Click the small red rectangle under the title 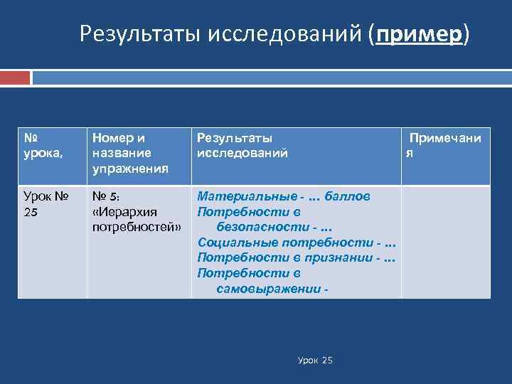click(x=15, y=78)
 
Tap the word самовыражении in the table click(x=267, y=288)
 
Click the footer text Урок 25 click(x=315, y=361)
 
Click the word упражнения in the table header click(x=131, y=168)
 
